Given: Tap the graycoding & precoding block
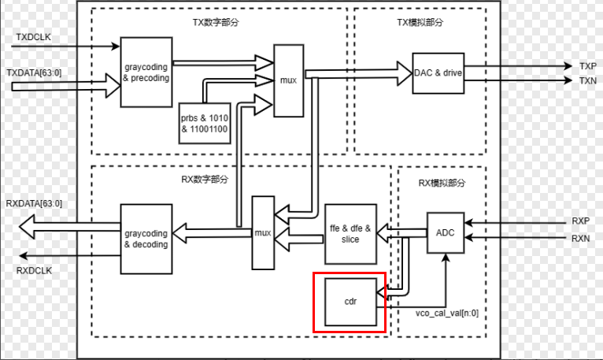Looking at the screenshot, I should click(146, 72).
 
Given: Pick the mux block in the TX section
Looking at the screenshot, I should click(288, 80).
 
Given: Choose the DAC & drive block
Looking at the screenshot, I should click(438, 73).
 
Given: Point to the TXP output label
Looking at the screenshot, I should click(587, 66).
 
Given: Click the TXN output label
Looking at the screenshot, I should click(587, 80).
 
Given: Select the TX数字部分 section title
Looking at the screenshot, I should click(218, 22).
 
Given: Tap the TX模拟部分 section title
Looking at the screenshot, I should click(419, 22).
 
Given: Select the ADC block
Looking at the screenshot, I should click(445, 232).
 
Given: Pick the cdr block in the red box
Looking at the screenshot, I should click(350, 301).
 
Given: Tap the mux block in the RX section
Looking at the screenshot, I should click(263, 232).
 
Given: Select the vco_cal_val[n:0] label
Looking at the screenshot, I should click(447, 313).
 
